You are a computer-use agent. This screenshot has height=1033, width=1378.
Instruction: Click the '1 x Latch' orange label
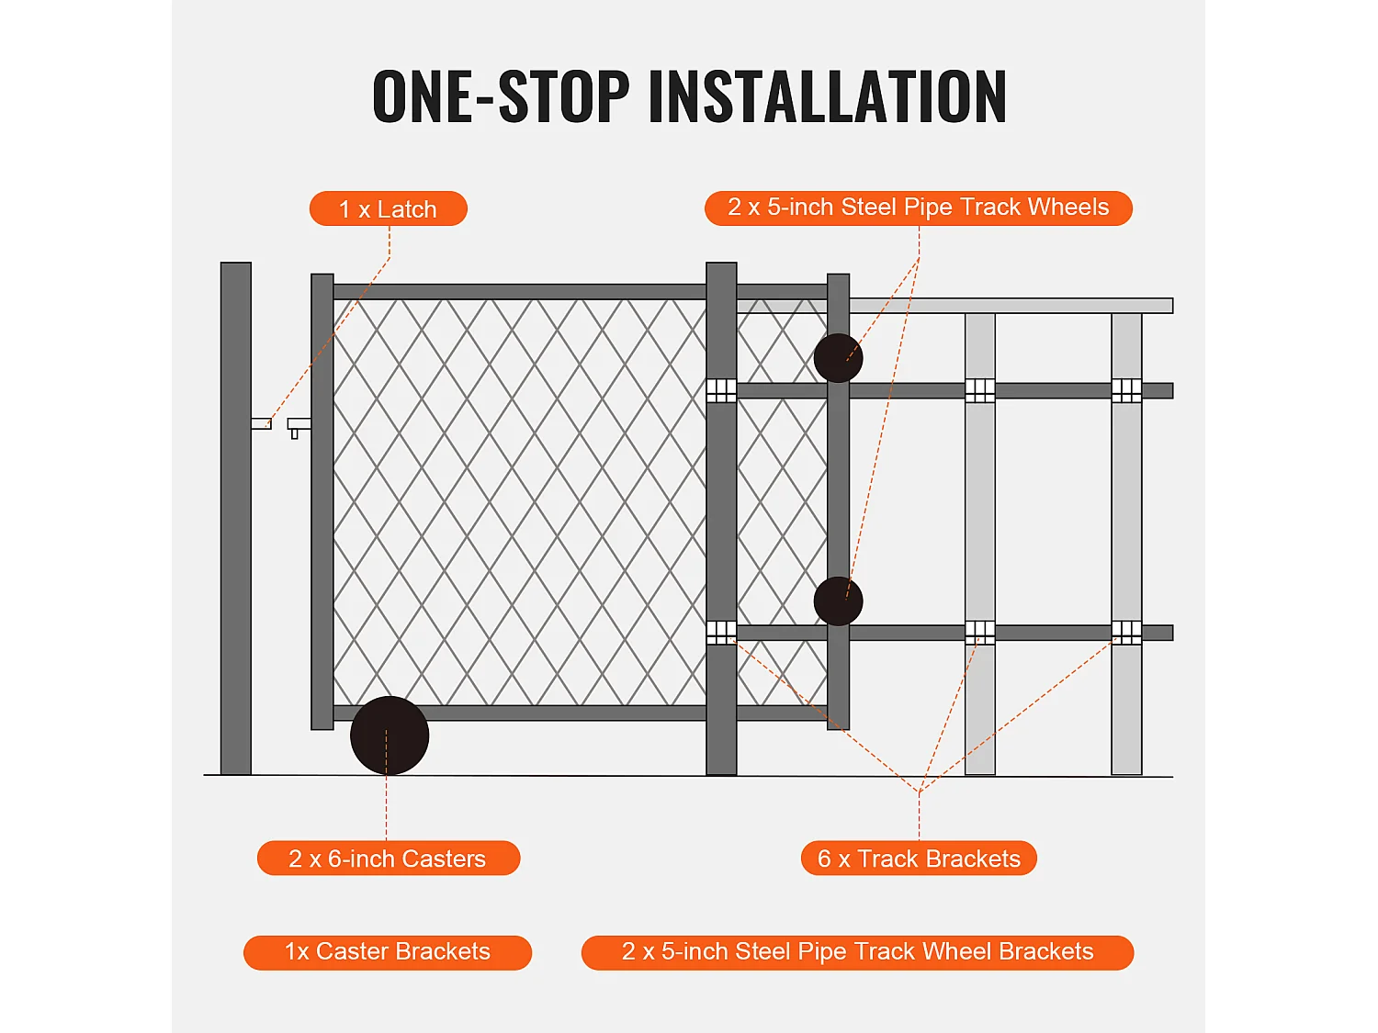pos(388,208)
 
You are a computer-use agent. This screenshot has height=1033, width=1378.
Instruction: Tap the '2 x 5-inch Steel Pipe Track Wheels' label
pos(918,208)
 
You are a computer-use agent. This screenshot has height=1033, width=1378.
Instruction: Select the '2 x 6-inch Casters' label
pos(388,858)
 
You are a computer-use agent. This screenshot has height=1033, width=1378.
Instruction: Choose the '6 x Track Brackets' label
pos(919,858)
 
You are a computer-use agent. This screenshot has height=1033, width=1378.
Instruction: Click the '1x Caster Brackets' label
pos(388,952)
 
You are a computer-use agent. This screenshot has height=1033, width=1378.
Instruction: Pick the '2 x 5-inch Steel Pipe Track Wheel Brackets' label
pos(857,952)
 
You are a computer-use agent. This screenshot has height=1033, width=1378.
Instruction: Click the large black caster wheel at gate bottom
pos(390,735)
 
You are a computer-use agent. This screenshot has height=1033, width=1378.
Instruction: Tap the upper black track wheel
pos(838,358)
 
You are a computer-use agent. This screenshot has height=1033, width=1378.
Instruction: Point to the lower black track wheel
pos(838,601)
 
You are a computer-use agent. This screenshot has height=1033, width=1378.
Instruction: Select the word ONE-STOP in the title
pos(501,96)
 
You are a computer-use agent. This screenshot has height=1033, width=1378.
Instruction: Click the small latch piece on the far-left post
pos(261,424)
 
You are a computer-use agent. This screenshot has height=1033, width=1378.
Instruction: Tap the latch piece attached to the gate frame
pos(299,425)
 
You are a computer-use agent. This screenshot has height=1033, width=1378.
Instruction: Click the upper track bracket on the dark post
pos(721,390)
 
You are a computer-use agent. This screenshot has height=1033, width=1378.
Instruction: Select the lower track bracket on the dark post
pos(721,633)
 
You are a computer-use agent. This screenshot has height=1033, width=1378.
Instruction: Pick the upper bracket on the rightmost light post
pos(1126,390)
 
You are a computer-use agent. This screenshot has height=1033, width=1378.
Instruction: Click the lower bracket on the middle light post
pos(980,633)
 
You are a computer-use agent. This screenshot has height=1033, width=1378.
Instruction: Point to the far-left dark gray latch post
pos(236,519)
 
